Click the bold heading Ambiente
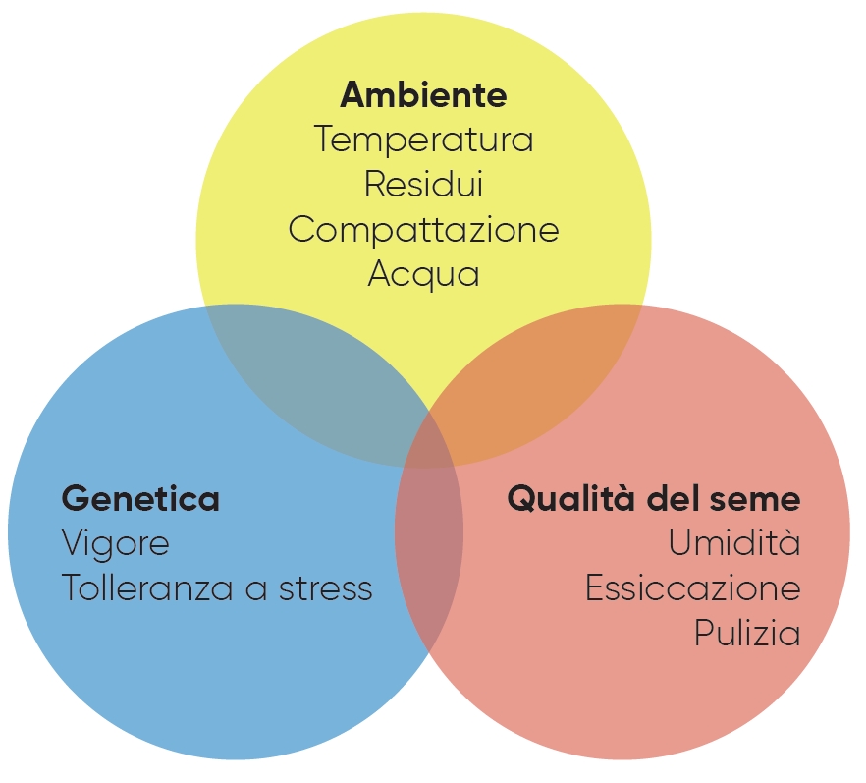423,95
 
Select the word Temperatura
423,140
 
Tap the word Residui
423,185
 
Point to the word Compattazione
423,230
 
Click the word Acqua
423,274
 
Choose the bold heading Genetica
140,499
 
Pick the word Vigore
115,543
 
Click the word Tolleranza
147,588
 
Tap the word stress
325,588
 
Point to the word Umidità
734,543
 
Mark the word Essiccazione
692,588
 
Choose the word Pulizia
746,634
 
